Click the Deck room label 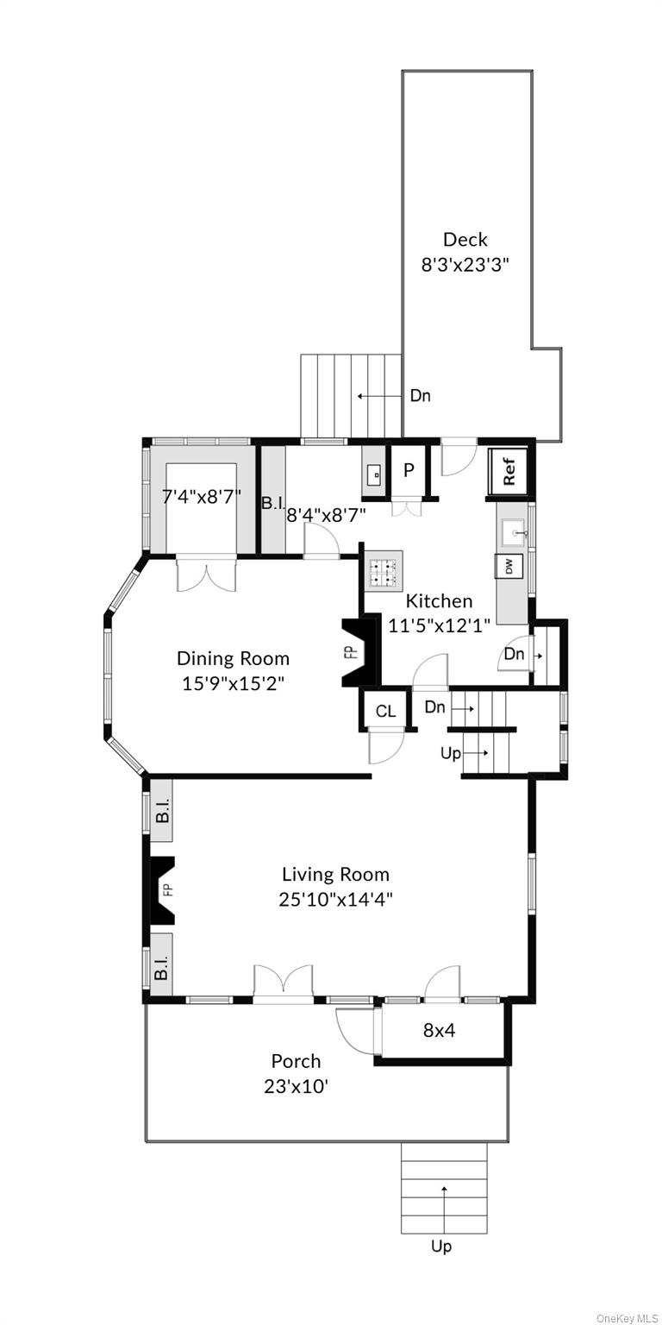pos(465,240)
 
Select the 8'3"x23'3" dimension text pos(465,266)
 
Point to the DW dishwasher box pos(509,566)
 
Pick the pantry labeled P pos(409,471)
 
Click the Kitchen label pos(439,601)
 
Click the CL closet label pos(385,711)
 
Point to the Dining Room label pos(233,658)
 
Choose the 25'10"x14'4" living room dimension pos(335,899)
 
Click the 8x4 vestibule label pos(439,1029)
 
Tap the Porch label pos(296,1061)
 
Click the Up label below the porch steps pos(440,1246)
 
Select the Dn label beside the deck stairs pos(420,396)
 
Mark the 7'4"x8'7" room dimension pos(202,496)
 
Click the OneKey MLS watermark pos(627,1317)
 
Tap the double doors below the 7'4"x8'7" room pos(206,575)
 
